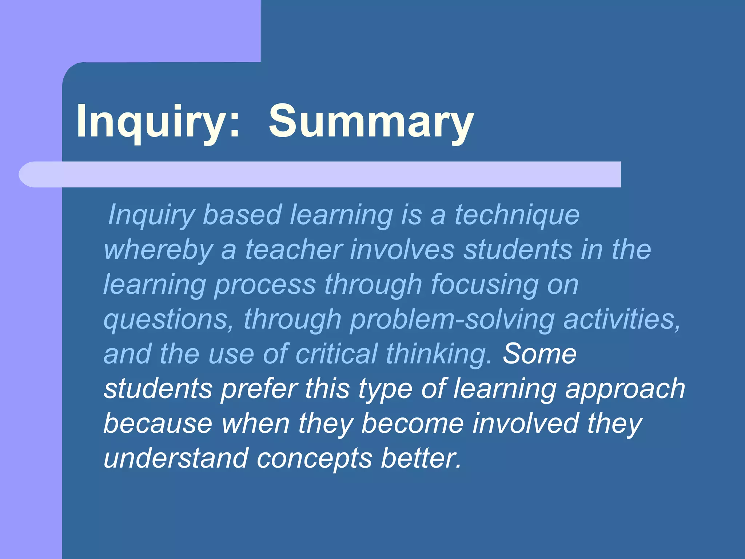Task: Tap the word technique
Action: coord(517,215)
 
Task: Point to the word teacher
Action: coord(294,250)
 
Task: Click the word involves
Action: coord(402,250)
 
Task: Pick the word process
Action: coord(265,285)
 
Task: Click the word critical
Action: coord(336,354)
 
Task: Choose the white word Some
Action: coord(539,354)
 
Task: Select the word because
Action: coord(158,424)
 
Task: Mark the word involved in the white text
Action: coord(525,424)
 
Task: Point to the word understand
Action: coord(176,458)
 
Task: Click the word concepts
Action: coord(314,458)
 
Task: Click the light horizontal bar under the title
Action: coord(320,174)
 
